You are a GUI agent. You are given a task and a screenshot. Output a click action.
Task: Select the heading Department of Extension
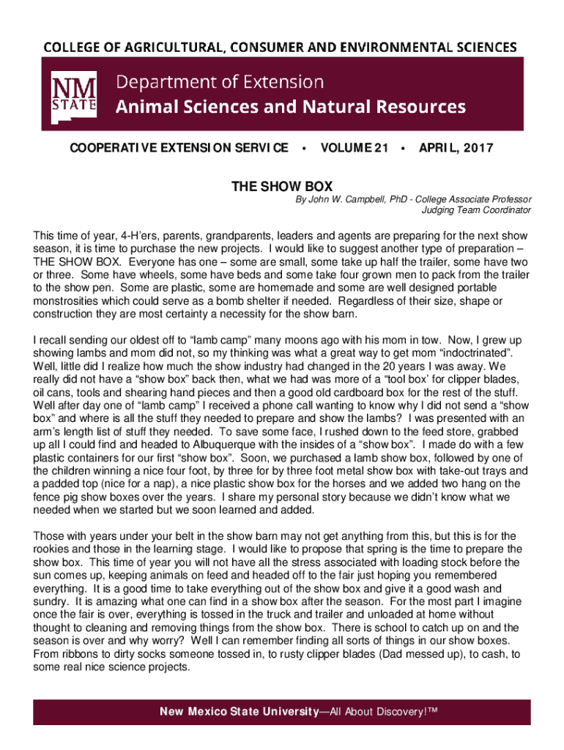(x=220, y=81)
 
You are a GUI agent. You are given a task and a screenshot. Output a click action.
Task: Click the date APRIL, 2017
(x=456, y=148)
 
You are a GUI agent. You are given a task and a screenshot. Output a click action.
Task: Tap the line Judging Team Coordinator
(x=476, y=210)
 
